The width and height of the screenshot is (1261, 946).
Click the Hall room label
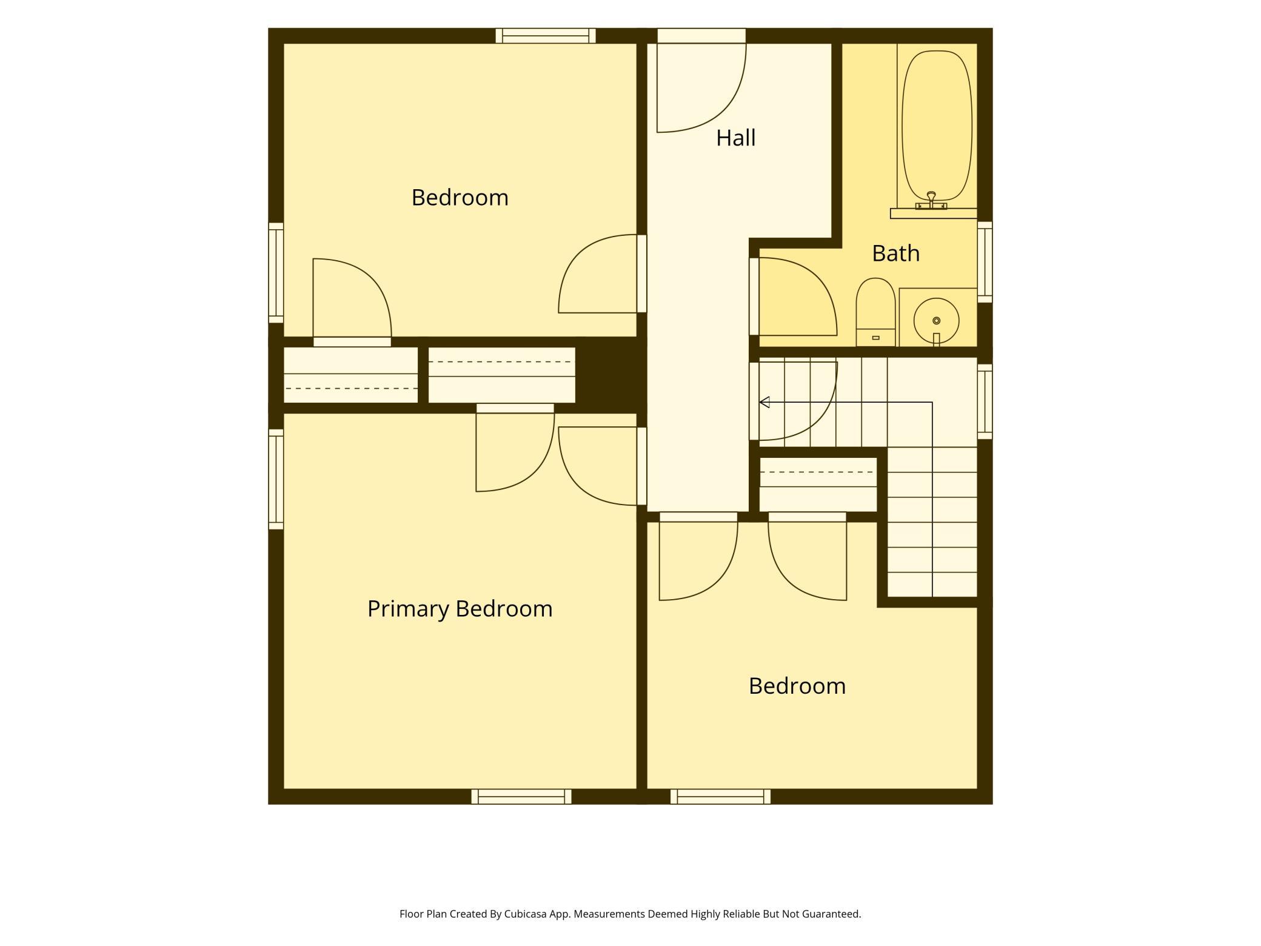click(x=735, y=138)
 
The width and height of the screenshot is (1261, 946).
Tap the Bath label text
click(x=895, y=253)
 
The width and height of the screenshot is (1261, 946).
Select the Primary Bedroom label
click(x=460, y=609)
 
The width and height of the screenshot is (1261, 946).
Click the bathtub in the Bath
click(x=937, y=126)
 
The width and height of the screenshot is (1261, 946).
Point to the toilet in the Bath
click(x=875, y=312)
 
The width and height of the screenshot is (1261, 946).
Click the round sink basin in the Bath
click(x=936, y=320)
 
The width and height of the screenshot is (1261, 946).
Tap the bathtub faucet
click(x=931, y=201)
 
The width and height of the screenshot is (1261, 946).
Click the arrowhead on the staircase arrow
click(x=764, y=402)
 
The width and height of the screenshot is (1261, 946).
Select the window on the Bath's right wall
click(x=985, y=262)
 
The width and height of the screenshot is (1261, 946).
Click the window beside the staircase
click(x=985, y=401)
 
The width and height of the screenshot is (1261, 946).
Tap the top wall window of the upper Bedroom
click(x=546, y=36)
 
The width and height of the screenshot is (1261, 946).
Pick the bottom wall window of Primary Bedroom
click(x=521, y=797)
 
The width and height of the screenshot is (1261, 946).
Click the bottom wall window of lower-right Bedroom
click(x=720, y=797)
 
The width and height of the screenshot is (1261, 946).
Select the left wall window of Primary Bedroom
click(x=276, y=479)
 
